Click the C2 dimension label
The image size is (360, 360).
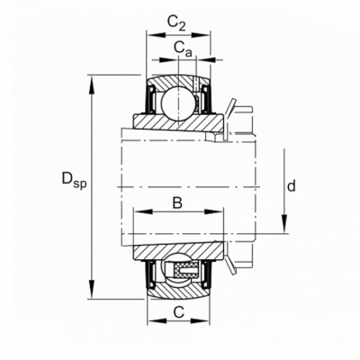(x=176, y=23)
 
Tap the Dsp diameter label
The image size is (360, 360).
(x=74, y=180)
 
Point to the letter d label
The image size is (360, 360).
(x=292, y=186)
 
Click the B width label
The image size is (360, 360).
(x=177, y=203)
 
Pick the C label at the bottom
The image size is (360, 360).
(x=179, y=313)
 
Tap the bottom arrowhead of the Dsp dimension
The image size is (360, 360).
(x=92, y=289)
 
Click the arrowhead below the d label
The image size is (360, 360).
(x=284, y=223)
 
